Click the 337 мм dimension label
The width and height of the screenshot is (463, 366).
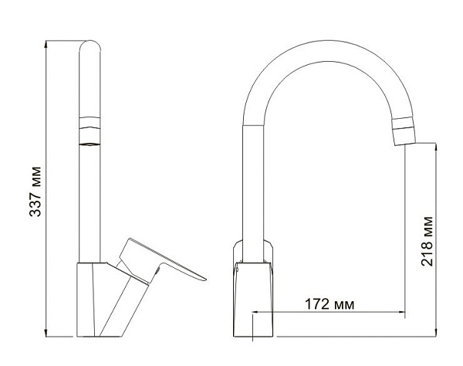pos(35,191)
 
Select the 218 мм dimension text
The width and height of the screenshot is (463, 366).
pos(428,242)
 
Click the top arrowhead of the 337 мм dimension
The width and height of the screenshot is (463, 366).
pos(47,42)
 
